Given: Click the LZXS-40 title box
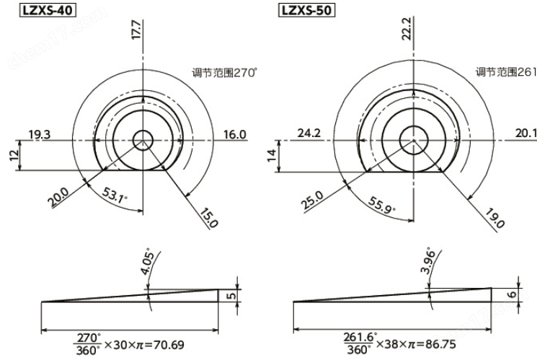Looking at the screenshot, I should [x=31, y=12].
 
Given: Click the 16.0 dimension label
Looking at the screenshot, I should [x=235, y=134].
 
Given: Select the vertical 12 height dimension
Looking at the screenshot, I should [x=12, y=157].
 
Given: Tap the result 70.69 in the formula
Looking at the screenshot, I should [x=167, y=345].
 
